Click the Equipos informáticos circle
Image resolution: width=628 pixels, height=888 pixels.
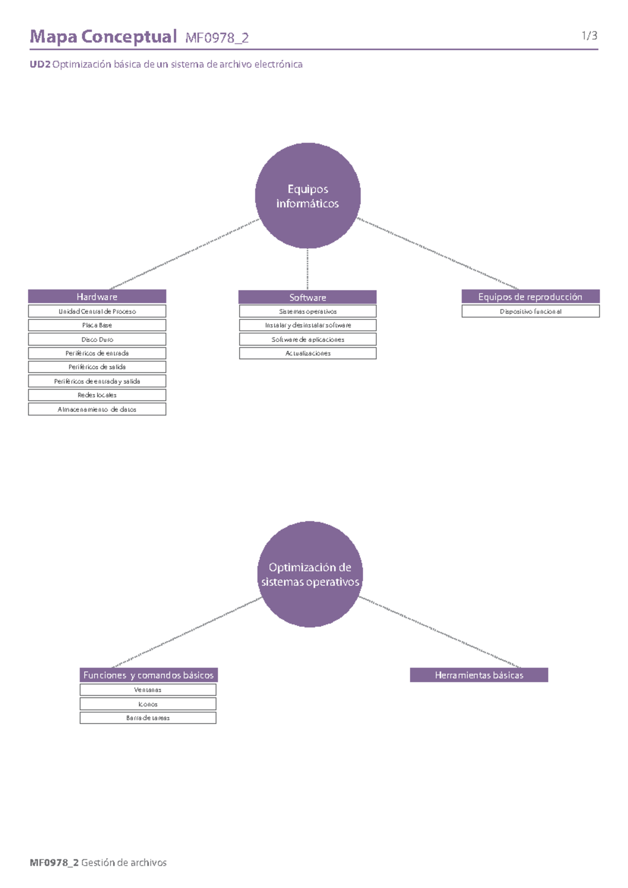308,196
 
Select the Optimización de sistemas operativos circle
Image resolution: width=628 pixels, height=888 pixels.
310,574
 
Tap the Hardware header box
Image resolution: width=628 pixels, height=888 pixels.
97,296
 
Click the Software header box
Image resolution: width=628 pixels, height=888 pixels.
307,297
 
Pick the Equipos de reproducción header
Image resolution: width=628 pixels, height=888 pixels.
530,296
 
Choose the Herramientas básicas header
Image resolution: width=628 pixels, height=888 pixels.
479,675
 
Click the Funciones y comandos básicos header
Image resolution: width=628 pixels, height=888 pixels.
148,675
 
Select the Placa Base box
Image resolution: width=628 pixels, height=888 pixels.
97,325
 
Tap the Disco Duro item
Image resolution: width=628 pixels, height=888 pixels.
97,339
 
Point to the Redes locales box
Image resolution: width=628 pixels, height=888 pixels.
97,395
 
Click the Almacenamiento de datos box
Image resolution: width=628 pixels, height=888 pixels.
97,409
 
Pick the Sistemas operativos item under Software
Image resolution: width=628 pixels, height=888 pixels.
308,311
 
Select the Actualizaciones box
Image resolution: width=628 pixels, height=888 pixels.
308,353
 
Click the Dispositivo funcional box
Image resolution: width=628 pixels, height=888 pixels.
530,311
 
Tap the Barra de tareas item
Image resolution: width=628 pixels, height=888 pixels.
148,718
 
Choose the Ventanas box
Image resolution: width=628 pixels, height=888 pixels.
148,690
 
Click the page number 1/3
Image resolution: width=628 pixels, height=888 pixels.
589,36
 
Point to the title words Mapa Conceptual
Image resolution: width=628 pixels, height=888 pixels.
103,37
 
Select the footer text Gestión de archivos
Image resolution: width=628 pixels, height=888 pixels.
124,862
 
